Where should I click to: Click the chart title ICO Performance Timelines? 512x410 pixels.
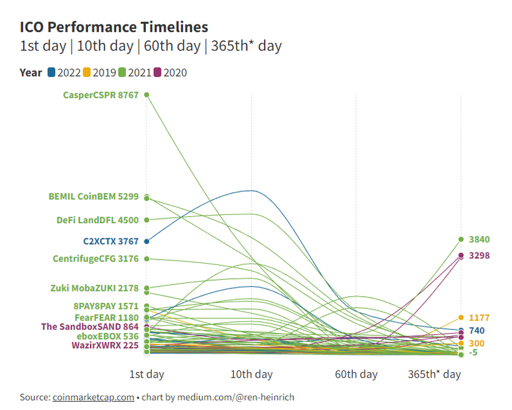pyautogui.click(x=114, y=27)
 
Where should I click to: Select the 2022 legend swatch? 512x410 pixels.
pyautogui.click(x=52, y=73)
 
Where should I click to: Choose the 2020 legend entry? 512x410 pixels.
pyautogui.click(x=170, y=73)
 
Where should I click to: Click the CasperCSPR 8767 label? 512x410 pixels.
pyautogui.click(x=101, y=95)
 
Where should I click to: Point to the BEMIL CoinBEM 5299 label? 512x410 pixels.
pyautogui.click(x=93, y=196)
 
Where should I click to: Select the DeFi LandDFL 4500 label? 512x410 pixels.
pyautogui.click(x=98, y=220)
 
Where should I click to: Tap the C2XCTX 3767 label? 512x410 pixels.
pyautogui.click(x=111, y=241)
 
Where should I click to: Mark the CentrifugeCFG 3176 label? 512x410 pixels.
pyautogui.click(x=96, y=259)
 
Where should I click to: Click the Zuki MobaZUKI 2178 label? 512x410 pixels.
pyautogui.click(x=95, y=288)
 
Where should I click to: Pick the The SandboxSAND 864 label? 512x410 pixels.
pyautogui.click(x=90, y=326)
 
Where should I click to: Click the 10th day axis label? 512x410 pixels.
pyautogui.click(x=251, y=374)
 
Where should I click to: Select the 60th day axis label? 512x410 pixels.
pyautogui.click(x=356, y=374)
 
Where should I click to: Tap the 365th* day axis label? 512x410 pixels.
pyautogui.click(x=434, y=374)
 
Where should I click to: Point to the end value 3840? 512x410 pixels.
pyautogui.click(x=479, y=240)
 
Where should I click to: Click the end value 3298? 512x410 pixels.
pyautogui.click(x=479, y=256)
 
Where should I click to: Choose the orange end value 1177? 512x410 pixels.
pyautogui.click(x=479, y=317)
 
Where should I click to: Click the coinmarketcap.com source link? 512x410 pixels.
pyautogui.click(x=93, y=397)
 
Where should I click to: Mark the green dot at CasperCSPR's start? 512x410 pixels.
pyautogui.click(x=146, y=95)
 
